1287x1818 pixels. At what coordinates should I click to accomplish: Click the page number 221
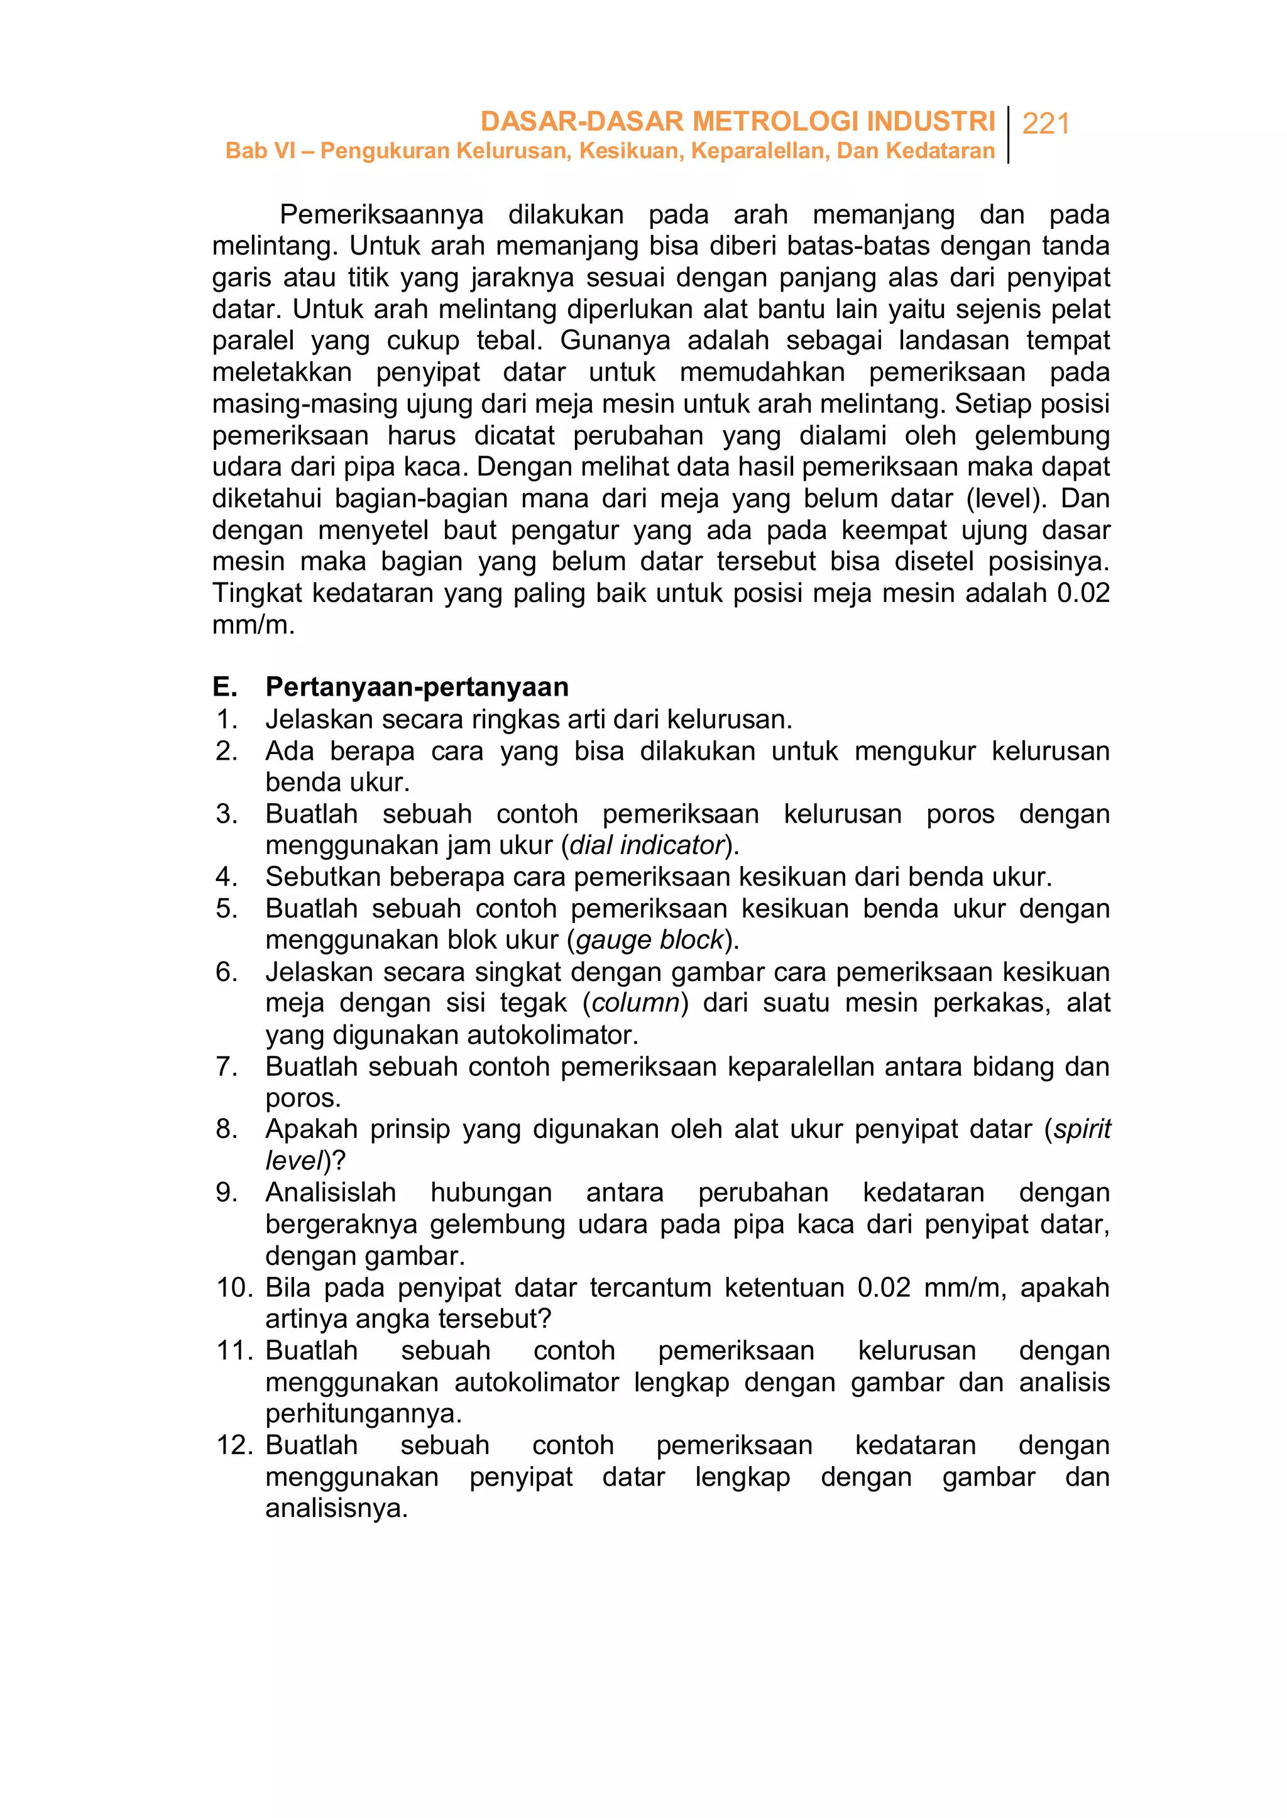[1046, 124]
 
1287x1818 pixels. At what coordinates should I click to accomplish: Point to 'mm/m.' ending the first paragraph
[253, 625]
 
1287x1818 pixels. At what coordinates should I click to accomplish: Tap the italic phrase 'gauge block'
[650, 940]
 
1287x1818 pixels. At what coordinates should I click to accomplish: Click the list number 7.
[227, 1066]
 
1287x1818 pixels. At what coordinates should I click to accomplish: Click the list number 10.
[234, 1288]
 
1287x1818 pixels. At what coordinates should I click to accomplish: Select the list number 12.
[234, 1445]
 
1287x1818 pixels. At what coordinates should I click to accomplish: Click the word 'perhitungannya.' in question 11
[363, 1414]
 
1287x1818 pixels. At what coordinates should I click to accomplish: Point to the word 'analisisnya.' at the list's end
[336, 1509]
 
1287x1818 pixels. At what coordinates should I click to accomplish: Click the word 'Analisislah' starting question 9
[331, 1193]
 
